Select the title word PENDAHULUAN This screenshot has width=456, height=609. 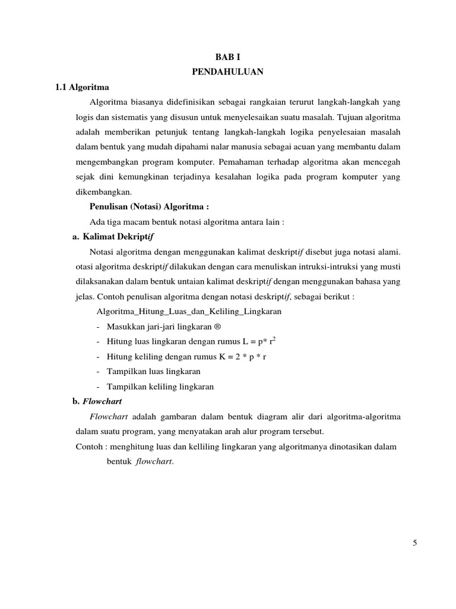click(x=227, y=72)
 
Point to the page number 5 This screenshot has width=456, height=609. click(x=415, y=542)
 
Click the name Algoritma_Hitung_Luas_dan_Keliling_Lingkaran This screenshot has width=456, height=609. click(x=189, y=311)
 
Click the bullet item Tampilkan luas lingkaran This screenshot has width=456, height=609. click(x=153, y=371)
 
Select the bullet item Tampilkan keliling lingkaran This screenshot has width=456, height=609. click(x=160, y=387)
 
